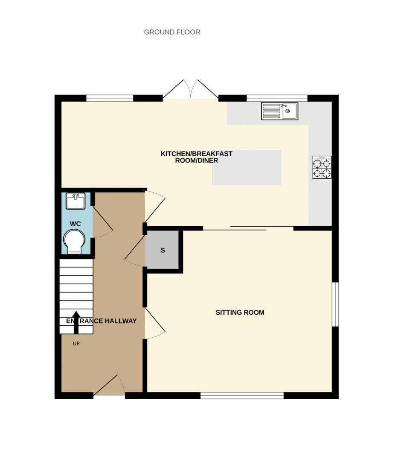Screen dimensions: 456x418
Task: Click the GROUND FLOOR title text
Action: coord(172,32)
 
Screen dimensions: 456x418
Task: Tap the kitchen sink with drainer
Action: coord(279,111)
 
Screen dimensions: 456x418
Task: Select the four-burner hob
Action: coord(322,167)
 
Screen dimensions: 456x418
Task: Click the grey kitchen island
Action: coord(247,167)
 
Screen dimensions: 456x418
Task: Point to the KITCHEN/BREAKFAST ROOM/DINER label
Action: coord(196,157)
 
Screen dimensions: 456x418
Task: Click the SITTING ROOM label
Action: coord(240,313)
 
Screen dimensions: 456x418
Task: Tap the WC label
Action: coord(75,224)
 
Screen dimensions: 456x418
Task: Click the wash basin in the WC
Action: coord(76,201)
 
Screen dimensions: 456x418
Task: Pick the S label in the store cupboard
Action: coord(163,251)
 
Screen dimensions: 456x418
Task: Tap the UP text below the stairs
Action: coord(76,343)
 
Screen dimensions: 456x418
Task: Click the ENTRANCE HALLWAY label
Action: coord(102,321)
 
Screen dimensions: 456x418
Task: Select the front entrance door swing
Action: coord(110,386)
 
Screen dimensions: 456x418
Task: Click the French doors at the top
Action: coord(191,90)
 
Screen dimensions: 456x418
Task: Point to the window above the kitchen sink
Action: coord(277,97)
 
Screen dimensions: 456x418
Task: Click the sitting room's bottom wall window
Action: coord(242,396)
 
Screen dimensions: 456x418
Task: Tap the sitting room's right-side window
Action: coord(335,304)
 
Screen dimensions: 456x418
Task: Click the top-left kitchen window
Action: coord(110,98)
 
